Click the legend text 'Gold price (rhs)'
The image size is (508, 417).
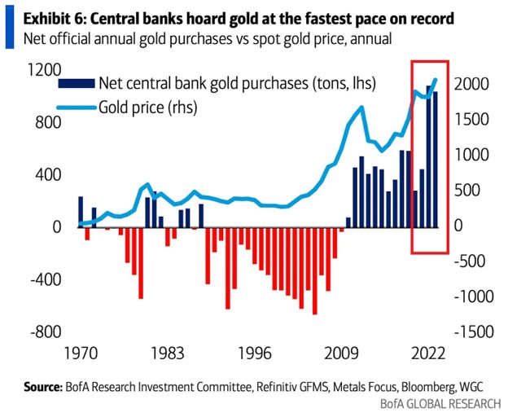tap(147, 106)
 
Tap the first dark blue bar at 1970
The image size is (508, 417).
tap(81, 212)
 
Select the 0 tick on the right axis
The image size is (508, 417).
tap(459, 226)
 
